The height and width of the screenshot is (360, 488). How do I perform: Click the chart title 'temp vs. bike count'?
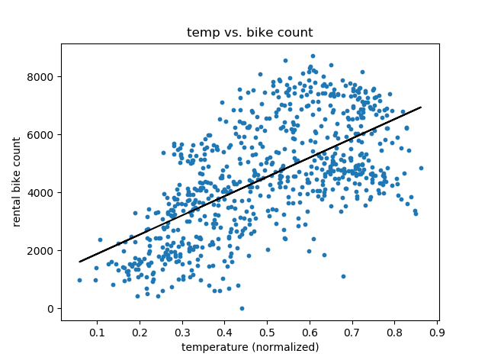250,33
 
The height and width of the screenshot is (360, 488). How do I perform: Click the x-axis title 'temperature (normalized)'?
250,347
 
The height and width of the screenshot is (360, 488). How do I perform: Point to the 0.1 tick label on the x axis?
97,333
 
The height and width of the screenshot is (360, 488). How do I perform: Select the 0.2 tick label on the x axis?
140,333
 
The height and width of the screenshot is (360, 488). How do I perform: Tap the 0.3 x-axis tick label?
182,333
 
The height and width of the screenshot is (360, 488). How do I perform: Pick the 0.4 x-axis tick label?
224,333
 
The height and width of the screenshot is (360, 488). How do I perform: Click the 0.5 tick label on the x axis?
267,333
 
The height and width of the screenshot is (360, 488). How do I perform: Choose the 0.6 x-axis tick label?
310,333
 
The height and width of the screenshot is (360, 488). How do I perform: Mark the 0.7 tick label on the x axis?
352,333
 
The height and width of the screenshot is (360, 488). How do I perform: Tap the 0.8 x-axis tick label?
395,333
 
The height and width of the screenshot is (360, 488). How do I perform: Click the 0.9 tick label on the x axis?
437,333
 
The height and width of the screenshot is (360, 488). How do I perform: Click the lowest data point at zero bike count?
242,308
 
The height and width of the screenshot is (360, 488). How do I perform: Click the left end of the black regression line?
79,262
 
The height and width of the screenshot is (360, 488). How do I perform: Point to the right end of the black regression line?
421,108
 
